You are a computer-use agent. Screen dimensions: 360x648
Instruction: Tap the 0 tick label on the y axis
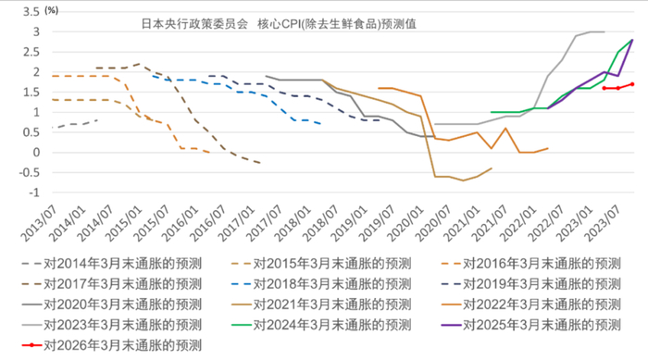tap(36, 153)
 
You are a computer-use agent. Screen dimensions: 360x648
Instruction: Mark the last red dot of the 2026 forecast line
tap(632, 84)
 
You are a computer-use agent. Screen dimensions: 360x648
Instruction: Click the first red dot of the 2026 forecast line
tap(604, 88)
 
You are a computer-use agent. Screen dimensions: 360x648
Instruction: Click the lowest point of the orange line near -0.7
tap(463, 180)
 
